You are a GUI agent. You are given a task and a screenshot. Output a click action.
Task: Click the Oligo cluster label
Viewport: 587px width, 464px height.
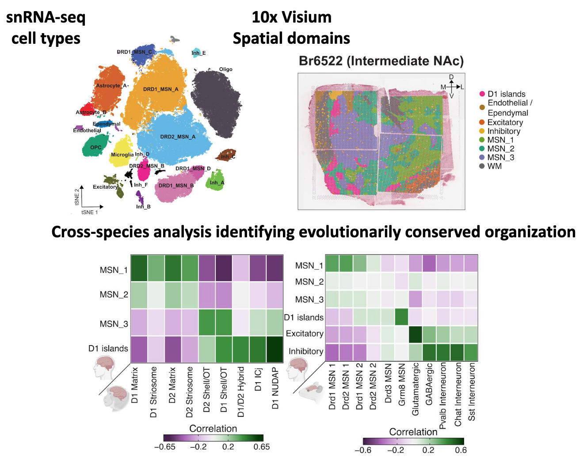click(225, 69)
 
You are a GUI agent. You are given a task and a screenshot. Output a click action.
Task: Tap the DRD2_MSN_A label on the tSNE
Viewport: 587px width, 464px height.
click(178, 137)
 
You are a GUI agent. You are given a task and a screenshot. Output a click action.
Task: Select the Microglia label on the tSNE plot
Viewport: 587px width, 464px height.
click(122, 155)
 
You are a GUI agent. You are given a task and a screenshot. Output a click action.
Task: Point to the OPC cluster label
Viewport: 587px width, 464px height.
click(96, 148)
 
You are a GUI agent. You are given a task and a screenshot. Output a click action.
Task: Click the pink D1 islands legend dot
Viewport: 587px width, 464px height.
click(482, 94)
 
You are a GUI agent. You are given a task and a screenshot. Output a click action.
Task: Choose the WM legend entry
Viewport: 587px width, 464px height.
click(494, 166)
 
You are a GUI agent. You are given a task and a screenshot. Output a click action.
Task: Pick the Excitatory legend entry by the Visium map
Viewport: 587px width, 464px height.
click(505, 122)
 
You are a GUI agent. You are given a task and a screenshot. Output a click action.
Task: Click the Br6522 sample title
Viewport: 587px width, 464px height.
click(381, 61)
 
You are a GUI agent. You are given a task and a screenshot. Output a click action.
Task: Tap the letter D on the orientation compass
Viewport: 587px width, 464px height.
click(451, 77)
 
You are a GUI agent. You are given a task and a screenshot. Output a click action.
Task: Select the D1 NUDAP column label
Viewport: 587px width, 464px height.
click(275, 388)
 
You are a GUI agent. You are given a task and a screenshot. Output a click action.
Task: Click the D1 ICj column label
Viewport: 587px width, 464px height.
click(259, 379)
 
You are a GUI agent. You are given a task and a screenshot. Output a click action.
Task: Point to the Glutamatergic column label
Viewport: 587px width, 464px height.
click(415, 389)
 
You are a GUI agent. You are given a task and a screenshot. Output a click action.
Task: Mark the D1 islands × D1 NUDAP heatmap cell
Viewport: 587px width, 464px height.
click(275, 350)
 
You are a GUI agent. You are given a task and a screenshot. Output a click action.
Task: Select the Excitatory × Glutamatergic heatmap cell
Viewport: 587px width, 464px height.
click(415, 334)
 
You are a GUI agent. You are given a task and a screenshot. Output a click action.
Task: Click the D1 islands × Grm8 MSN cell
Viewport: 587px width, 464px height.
click(401, 317)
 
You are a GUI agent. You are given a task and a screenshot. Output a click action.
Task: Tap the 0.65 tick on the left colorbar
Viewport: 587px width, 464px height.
click(262, 447)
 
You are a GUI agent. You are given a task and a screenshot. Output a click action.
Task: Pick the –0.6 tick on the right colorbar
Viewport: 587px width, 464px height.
click(363, 450)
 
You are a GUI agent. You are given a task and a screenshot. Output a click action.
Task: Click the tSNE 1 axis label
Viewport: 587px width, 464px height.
click(90, 213)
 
